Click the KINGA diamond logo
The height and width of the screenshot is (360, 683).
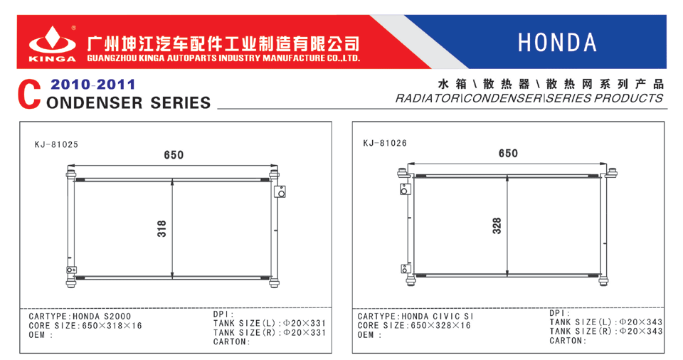(52, 40)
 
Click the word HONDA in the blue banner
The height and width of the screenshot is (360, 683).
(557, 43)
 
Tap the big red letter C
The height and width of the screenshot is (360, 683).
(29, 95)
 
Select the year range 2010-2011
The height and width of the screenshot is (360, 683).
(92, 84)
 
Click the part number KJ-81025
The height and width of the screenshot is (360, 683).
(56, 144)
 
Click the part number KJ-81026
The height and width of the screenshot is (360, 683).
(385, 143)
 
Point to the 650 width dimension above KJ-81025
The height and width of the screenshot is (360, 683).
(174, 154)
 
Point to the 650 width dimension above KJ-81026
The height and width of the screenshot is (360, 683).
(508, 154)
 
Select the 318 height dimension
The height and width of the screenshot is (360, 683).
(162, 229)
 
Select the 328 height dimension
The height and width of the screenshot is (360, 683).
(497, 226)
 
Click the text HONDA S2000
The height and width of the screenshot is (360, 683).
(102, 317)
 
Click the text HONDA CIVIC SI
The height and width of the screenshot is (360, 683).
(437, 317)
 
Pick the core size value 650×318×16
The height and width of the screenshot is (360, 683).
(112, 326)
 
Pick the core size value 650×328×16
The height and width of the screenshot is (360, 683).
(441, 326)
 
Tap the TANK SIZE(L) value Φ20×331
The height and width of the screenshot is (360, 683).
(304, 324)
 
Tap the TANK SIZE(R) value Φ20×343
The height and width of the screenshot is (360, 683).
(640, 332)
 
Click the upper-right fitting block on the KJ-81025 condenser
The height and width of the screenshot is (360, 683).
(280, 191)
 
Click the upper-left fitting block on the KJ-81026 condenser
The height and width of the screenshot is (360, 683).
(406, 189)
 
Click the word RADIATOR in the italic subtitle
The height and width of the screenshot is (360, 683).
(428, 98)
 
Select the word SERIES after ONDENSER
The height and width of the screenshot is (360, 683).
(180, 103)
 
